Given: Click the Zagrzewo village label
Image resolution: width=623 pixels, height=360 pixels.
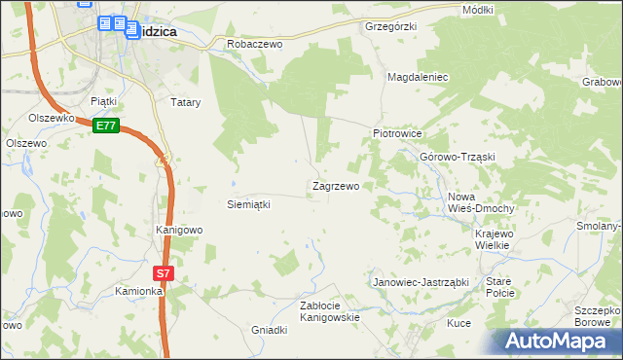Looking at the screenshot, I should click(336, 185).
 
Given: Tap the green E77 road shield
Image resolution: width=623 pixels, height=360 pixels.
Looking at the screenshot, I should click(107, 126).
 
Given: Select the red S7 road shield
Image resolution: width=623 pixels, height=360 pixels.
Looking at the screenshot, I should click(164, 273).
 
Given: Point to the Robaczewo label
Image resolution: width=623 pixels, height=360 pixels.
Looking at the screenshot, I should click(253, 44).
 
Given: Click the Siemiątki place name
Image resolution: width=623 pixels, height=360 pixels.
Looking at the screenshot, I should click(247, 204).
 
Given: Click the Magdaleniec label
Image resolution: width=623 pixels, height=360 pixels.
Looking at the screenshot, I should click(417, 76).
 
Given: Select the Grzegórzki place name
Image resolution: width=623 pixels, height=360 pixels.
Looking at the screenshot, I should click(390, 25).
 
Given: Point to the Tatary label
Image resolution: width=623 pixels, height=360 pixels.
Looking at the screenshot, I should click(185, 101).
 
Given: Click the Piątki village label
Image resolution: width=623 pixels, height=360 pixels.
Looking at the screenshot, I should click(103, 100).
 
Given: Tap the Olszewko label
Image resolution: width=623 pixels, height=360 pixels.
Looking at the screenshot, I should click(52, 118).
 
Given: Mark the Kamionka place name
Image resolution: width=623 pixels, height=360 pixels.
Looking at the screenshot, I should click(137, 291).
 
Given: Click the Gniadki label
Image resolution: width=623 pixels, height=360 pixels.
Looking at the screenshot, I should click(270, 330).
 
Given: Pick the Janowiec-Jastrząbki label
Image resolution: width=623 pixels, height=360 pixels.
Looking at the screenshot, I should click(421, 282).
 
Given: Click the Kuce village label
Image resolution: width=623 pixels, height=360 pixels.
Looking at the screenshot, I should click(458, 322).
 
